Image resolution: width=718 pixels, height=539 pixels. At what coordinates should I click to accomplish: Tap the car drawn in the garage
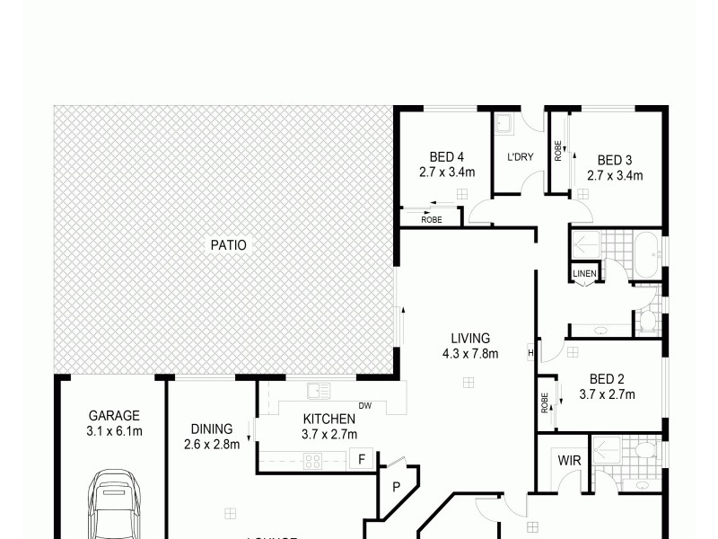(x=114, y=508)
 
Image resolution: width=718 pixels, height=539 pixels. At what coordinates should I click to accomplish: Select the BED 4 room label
(x=446, y=155)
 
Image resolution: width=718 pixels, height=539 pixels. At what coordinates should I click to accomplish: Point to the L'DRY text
(x=521, y=156)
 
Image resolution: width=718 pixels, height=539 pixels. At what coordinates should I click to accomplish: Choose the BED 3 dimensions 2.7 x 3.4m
(x=615, y=175)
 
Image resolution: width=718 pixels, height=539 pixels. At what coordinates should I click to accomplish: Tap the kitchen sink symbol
(x=319, y=390)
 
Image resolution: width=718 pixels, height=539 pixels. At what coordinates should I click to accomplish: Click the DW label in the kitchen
(x=364, y=406)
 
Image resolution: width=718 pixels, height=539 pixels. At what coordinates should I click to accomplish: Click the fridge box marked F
(x=361, y=459)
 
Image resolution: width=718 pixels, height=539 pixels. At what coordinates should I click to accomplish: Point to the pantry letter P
(x=395, y=488)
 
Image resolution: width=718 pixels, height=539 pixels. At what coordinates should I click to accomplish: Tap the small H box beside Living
(x=531, y=351)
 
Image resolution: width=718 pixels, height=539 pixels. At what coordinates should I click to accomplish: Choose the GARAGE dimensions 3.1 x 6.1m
(x=114, y=431)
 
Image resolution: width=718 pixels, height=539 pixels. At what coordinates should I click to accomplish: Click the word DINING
(x=212, y=429)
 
